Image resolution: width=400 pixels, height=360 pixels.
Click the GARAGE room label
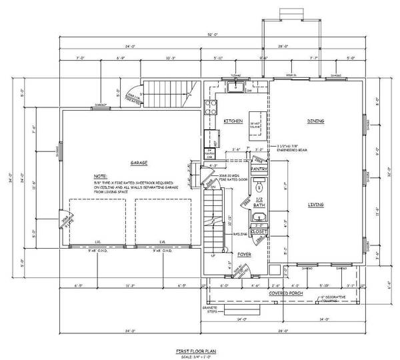click(139, 163)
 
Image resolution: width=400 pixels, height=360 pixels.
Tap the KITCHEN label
click(233, 121)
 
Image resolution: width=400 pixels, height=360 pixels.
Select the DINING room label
click(315, 121)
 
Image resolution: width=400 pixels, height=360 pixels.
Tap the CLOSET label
click(259, 231)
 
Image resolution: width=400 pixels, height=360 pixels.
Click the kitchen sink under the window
click(235, 87)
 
